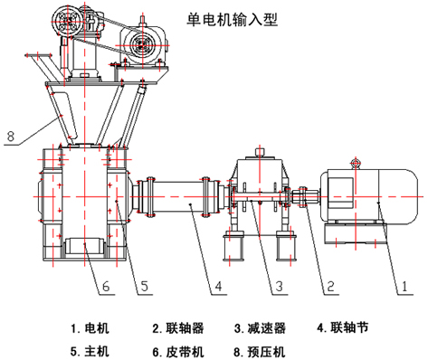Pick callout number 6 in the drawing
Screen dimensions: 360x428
click(105, 286)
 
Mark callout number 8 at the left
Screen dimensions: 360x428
click(12, 139)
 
